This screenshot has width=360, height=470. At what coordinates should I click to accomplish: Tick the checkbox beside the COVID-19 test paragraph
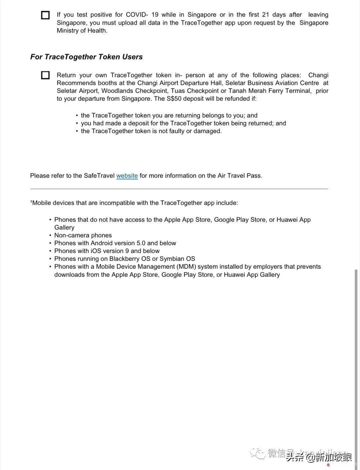tap(45, 15)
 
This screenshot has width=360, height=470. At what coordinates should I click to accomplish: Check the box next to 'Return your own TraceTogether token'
tap(45, 75)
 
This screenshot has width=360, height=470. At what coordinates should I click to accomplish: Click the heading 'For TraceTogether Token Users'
tap(86, 57)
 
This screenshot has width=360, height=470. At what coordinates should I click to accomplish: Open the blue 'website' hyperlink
tap(127, 176)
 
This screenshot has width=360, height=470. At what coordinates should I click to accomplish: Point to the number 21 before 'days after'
tap(265, 15)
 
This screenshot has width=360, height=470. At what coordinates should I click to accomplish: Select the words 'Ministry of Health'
tap(82, 31)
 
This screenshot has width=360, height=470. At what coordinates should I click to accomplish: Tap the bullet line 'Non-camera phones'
tap(83, 235)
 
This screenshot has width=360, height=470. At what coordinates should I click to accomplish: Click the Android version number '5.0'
tap(141, 243)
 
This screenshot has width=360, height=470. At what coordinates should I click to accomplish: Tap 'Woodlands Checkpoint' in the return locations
tap(134, 91)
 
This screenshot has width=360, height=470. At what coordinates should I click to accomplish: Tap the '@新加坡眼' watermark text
tap(329, 457)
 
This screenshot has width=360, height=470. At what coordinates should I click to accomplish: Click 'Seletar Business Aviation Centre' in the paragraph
tap(272, 83)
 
